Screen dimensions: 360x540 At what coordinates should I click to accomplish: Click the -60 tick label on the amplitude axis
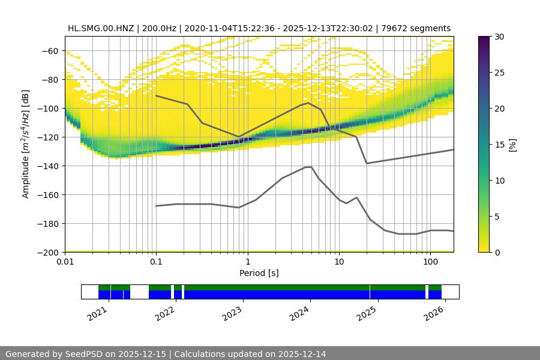(49, 50)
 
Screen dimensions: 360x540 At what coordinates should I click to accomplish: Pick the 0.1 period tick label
(156, 262)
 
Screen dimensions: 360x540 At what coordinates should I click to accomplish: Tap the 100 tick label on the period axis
(430, 262)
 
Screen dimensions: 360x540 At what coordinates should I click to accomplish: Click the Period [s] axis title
(259, 273)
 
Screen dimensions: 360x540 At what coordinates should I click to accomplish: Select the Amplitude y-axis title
(26, 144)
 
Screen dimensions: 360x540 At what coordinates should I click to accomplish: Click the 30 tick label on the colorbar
(499, 37)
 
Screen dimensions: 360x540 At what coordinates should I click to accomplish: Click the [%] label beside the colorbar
(513, 144)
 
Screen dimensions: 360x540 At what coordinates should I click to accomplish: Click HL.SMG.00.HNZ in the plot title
(101, 28)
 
